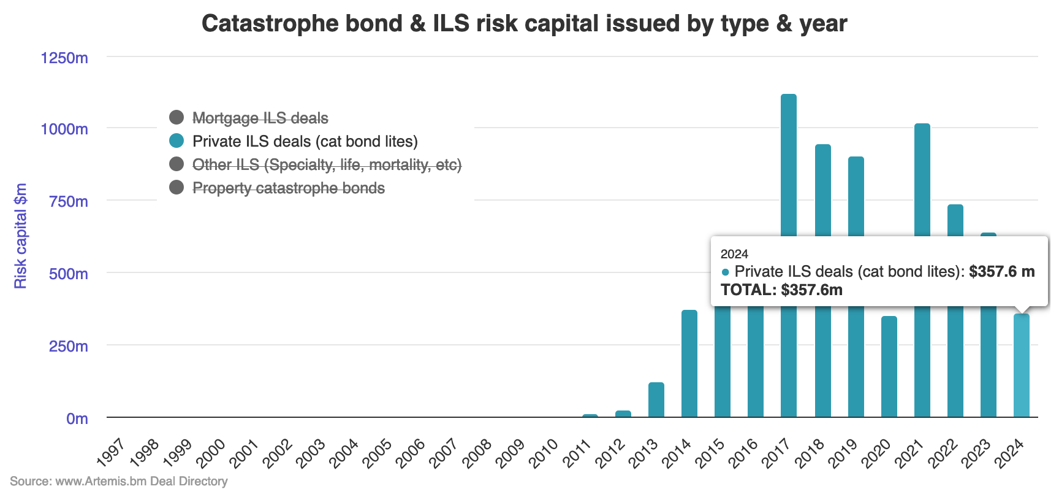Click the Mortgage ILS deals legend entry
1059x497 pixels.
coord(260,118)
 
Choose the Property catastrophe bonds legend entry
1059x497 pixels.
coord(288,188)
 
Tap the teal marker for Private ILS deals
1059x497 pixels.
coord(176,141)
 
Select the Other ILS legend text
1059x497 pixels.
coord(327,164)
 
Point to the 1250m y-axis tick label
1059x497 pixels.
coord(64,58)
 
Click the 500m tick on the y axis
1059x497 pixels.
coord(68,274)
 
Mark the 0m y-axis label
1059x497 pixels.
coord(77,418)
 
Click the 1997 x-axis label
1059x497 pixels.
coord(112,453)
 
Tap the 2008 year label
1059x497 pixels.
coord(477,453)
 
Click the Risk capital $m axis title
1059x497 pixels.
coord(21,236)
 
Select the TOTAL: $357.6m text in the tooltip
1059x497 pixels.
coord(781,290)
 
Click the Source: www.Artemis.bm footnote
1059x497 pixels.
coord(118,481)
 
